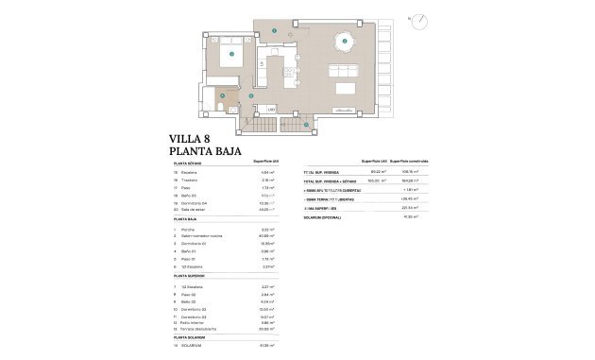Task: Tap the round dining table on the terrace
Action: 346,42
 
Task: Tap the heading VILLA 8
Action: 190,137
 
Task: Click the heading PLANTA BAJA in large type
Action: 205,150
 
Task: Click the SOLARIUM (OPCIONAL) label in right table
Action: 322,216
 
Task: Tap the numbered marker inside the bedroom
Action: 232,54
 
